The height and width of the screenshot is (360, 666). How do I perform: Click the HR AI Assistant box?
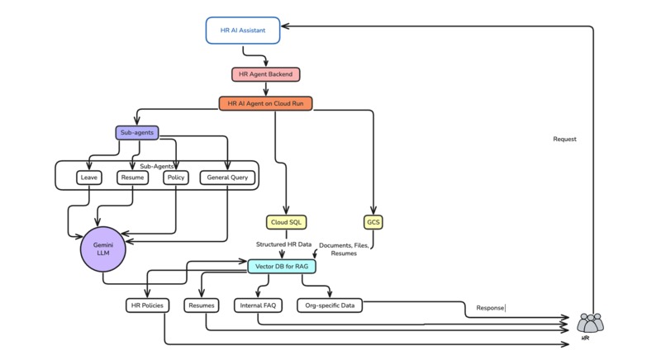[x=242, y=30]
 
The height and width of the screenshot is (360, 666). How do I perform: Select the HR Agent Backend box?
[x=265, y=74]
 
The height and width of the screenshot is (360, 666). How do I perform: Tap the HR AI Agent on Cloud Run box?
[x=265, y=103]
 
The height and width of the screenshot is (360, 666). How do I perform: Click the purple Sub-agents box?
[x=136, y=132]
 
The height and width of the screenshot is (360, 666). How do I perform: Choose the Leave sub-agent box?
[x=88, y=177]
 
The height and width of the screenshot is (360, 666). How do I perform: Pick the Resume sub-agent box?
[x=131, y=177]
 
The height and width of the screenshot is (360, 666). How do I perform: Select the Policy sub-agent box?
[x=175, y=177]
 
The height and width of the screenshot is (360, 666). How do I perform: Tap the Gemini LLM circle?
[x=102, y=250]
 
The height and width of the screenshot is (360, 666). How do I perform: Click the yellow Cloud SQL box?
[x=285, y=222]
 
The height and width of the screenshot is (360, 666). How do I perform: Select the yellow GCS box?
[x=373, y=222]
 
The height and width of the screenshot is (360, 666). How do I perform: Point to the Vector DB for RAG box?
[x=282, y=266]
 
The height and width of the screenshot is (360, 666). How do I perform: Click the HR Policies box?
[x=147, y=306]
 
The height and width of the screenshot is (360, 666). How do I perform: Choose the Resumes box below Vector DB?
[x=201, y=306]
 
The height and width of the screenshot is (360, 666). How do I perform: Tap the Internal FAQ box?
[x=259, y=306]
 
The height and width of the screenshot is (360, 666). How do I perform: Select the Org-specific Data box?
[x=329, y=306]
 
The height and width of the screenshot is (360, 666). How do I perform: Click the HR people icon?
[x=590, y=322]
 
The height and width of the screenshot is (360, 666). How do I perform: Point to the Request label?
[x=564, y=139]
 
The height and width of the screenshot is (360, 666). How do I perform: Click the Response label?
[x=490, y=309]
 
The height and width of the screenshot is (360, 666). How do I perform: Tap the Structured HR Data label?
[x=283, y=245]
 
